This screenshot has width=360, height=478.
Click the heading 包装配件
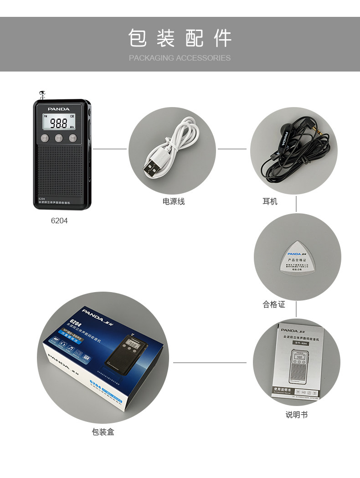[180, 38]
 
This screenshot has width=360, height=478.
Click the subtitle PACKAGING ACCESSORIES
[180, 58]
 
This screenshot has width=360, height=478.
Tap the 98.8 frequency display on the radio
[59, 123]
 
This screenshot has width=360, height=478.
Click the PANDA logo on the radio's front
[59, 109]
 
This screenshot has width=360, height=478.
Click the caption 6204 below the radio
[59, 221]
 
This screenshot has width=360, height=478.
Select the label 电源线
[174, 201]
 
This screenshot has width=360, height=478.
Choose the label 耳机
[270, 201]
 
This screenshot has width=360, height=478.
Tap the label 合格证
[274, 304]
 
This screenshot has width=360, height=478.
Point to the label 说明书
[297, 415]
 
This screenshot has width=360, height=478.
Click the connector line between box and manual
[210, 363]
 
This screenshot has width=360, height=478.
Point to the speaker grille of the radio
[59, 169]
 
